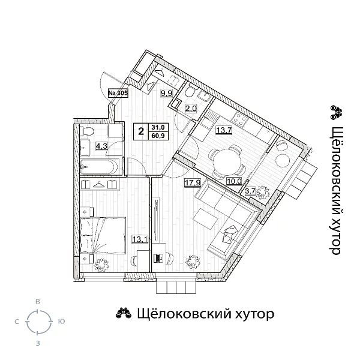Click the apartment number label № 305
pyautogui.click(x=118, y=93)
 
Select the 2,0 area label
pyautogui.click(x=191, y=109)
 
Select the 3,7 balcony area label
pyautogui.click(x=251, y=191)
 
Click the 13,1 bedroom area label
pyautogui.click(x=139, y=239)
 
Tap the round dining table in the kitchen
pyautogui.click(x=227, y=160)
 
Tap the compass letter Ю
pyautogui.click(x=61, y=322)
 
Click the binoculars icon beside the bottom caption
pyautogui.click(x=124, y=314)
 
